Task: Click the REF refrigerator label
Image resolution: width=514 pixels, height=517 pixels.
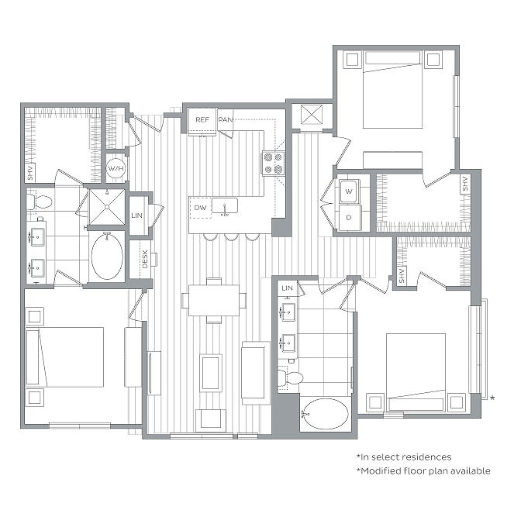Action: pyautogui.click(x=202, y=119)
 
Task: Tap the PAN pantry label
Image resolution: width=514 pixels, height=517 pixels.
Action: pyautogui.click(x=225, y=119)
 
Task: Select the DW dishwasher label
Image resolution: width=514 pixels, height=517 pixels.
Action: pyautogui.click(x=200, y=208)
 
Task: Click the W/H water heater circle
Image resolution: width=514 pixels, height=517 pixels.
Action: pyautogui.click(x=116, y=168)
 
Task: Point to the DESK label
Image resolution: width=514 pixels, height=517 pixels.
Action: pyautogui.click(x=145, y=260)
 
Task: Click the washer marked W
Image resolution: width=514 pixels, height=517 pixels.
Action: pyautogui.click(x=349, y=191)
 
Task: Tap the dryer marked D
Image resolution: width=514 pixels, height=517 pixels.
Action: pyautogui.click(x=349, y=217)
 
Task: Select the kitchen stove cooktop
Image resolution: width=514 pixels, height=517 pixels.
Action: pyautogui.click(x=274, y=164)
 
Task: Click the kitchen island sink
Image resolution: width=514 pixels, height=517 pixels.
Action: pyautogui.click(x=225, y=205)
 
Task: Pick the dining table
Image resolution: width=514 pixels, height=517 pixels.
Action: pyautogui.click(x=214, y=301)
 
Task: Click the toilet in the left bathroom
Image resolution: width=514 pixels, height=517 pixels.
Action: pyautogui.click(x=39, y=202)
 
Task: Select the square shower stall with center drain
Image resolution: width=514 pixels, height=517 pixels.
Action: pyautogui.click(x=107, y=207)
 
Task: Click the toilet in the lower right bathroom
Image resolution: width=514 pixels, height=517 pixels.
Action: pyautogui.click(x=290, y=377)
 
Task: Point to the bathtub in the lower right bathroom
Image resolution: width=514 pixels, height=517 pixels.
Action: pyautogui.click(x=325, y=414)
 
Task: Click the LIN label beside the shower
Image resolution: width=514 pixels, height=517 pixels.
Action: pyautogui.click(x=136, y=215)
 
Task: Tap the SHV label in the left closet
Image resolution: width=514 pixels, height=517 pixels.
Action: pyautogui.click(x=30, y=173)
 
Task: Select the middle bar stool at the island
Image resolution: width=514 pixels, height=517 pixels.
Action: pyautogui.click(x=232, y=236)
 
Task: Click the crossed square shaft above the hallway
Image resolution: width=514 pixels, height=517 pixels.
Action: pyautogui.click(x=312, y=115)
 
